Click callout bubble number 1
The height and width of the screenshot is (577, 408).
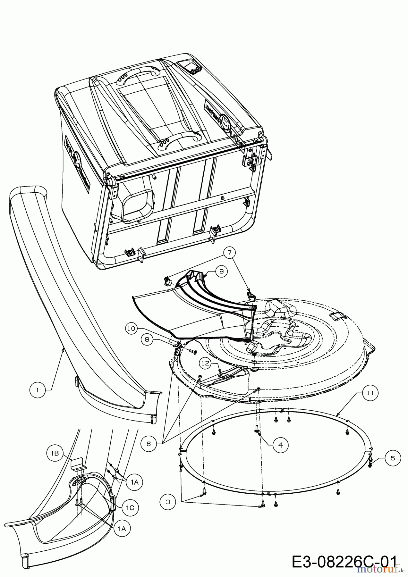point(38,390)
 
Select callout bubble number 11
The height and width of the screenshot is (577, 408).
point(370,393)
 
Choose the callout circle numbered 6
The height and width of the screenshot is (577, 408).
point(149,444)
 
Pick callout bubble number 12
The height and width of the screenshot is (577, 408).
point(206,364)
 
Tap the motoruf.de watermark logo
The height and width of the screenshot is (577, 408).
point(382,569)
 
